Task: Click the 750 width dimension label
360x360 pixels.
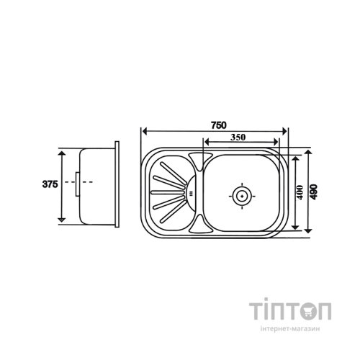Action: tap(219, 125)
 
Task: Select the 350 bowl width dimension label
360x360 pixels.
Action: tap(238, 138)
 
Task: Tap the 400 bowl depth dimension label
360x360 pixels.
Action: tap(300, 192)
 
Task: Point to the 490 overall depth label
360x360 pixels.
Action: tap(314, 192)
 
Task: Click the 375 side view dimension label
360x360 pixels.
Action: tap(50, 184)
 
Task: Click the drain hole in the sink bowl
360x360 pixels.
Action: tap(242, 196)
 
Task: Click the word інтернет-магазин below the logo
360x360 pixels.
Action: tap(290, 329)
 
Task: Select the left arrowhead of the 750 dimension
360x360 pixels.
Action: tap(145, 131)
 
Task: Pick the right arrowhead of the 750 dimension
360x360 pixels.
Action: tap(284, 131)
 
